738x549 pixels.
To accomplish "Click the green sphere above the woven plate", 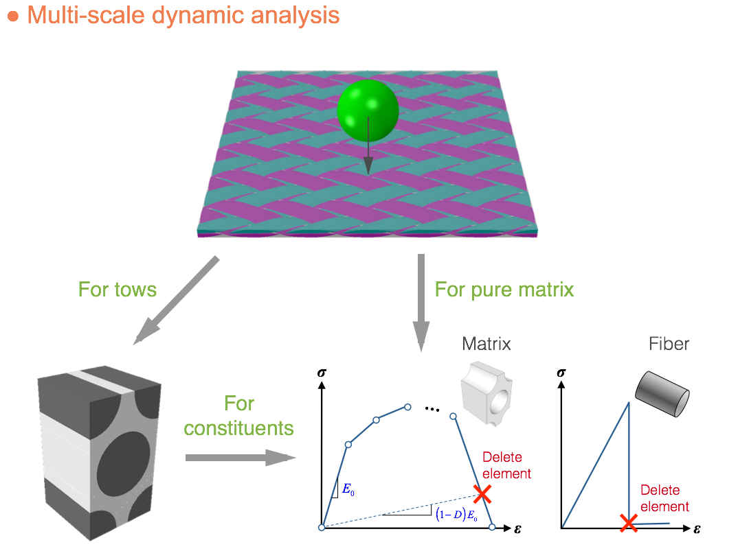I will point(368,109).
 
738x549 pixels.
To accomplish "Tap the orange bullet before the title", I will point(12,16).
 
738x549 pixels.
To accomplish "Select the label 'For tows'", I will point(118,289).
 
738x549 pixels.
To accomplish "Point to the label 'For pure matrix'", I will point(504,289).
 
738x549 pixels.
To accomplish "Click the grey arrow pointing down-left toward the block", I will point(176,300).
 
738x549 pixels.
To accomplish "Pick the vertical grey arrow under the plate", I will point(421,302).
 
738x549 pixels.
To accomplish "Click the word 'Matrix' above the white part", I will point(487,343).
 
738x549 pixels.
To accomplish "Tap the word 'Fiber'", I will point(669,343).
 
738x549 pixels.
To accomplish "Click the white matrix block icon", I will point(487,390).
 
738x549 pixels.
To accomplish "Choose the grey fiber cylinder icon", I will point(662,394).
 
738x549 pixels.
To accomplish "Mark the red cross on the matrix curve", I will point(483,493).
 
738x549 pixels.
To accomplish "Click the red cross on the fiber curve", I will point(628,524).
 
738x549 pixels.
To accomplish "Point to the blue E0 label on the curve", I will point(348,489).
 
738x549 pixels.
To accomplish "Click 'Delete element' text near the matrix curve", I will point(507,465).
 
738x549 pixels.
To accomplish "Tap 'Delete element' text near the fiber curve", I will point(664,499).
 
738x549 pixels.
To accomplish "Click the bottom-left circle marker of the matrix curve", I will point(322,527).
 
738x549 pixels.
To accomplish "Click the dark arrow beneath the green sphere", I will point(368,148).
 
